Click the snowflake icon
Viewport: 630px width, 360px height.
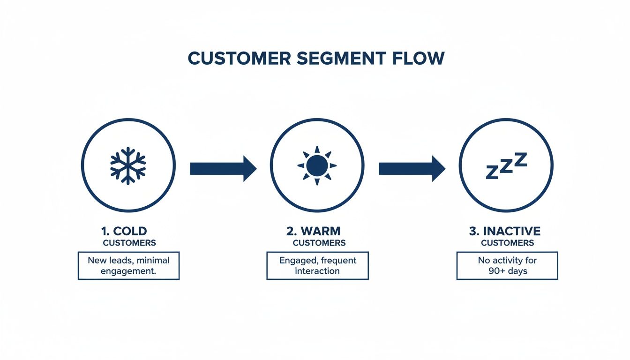pyautogui.click(x=128, y=165)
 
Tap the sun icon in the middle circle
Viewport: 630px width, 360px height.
pyautogui.click(x=317, y=165)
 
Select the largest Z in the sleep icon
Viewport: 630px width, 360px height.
pyautogui.click(x=520, y=160)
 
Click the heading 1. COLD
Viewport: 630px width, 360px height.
pyautogui.click(x=124, y=231)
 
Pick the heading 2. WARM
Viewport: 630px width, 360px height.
pyautogui.click(x=313, y=231)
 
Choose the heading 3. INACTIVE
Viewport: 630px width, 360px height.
pyautogui.click(x=505, y=231)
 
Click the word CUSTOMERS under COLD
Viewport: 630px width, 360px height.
pyautogui.click(x=129, y=243)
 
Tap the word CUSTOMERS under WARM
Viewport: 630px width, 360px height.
pyautogui.click(x=319, y=243)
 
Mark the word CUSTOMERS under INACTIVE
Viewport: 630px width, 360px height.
pyautogui.click(x=507, y=243)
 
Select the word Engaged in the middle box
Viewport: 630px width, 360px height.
pyautogui.click(x=296, y=260)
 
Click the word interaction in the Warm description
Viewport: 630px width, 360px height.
pyautogui.click(x=317, y=271)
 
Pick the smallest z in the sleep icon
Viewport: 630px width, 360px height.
pyautogui.click(x=491, y=173)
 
